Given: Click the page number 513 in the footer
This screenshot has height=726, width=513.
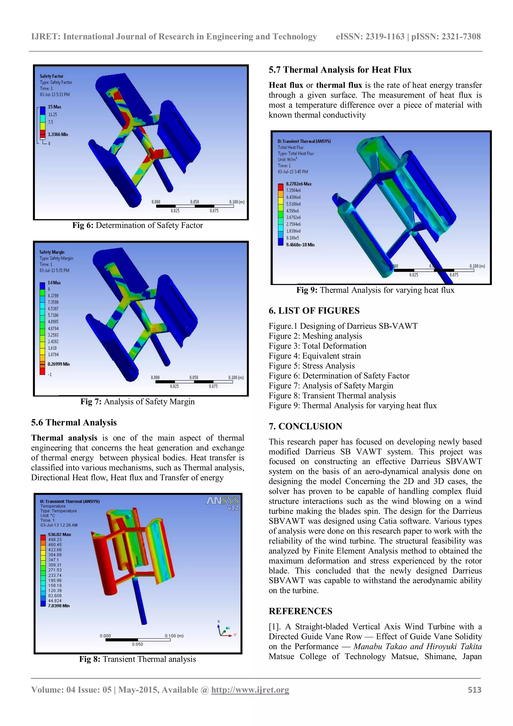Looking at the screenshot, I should coord(474,690).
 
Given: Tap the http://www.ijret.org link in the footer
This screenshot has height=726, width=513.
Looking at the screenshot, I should coord(250,690).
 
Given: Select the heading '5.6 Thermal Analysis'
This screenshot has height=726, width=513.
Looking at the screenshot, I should coord(74,422).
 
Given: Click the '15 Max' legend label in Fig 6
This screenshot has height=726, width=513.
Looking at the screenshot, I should coord(55,107).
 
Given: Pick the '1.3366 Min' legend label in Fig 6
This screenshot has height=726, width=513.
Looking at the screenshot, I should coord(58,134).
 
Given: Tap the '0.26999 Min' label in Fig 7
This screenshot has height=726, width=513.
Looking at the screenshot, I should coord(59,364).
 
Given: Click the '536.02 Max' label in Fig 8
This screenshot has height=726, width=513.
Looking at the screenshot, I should coord(59,534).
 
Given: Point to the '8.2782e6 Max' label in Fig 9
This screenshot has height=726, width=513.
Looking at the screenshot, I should coord(299,184).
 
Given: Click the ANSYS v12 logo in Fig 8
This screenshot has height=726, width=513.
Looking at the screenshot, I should coord(223,503).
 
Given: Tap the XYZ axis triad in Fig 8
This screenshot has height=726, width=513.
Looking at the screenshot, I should coord(225,630).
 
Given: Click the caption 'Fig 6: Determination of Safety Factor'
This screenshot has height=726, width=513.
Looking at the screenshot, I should coord(138,225).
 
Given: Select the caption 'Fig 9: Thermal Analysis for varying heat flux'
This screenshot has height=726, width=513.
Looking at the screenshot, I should coord(375,290).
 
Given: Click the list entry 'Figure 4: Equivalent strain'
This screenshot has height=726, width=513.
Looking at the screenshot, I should coord(314,356).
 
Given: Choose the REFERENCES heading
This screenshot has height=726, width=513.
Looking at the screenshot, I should coord(300,611).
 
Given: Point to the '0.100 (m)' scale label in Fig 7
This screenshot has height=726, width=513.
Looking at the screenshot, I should coord(236,377).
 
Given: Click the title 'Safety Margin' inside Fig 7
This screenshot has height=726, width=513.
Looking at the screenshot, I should coord(52,252).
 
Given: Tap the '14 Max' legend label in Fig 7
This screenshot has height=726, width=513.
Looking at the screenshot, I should coord(54,283).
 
